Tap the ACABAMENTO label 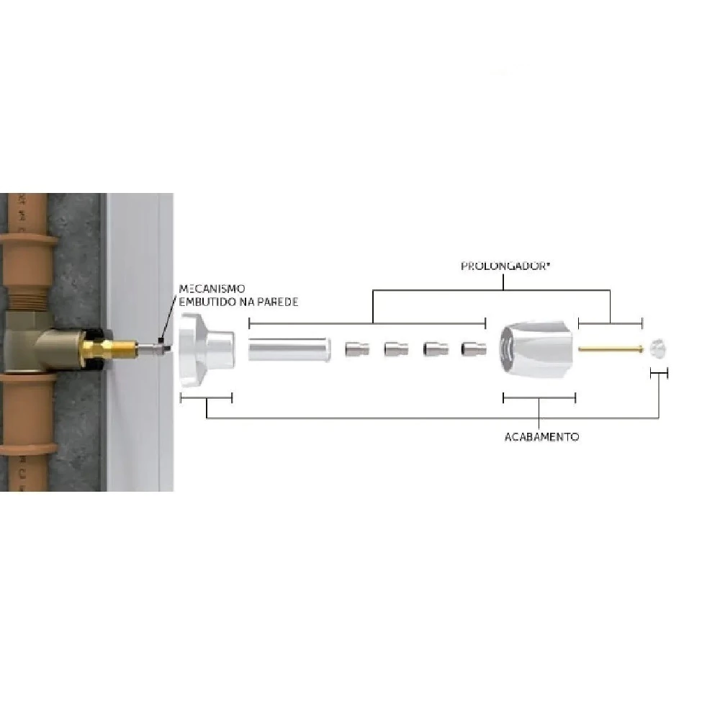pyautogui.click(x=541, y=437)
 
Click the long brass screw pyautogui.click(x=611, y=350)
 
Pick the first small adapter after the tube pyautogui.click(x=356, y=350)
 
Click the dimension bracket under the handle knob pyautogui.click(x=539, y=397)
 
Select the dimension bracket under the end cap pyautogui.click(x=659, y=372)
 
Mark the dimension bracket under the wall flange pyautogui.click(x=206, y=397)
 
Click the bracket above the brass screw pyautogui.click(x=611, y=325)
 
